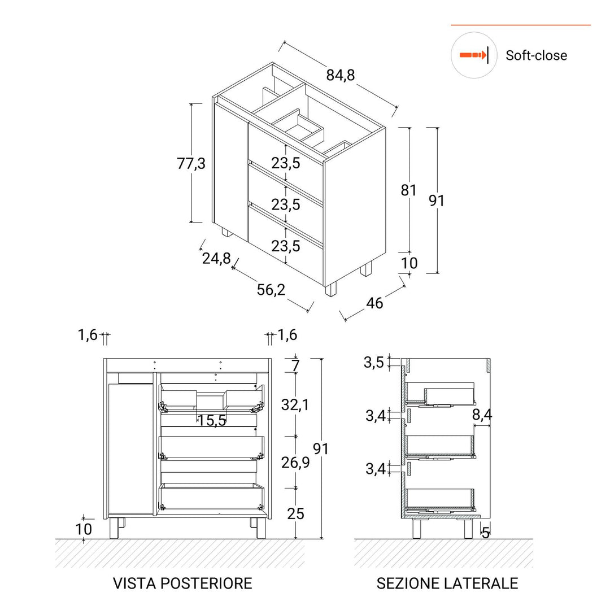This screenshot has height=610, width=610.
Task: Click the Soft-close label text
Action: pos(536,55)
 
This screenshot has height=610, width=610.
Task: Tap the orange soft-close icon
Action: pos(473,55)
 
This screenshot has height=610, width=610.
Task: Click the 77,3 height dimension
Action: pos(191,164)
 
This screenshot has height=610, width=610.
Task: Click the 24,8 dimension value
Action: pos(216,258)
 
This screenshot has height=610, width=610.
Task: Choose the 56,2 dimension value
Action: pos(271,290)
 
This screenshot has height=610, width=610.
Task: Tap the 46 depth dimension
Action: pos(374,303)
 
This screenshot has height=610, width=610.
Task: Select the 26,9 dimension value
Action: pos(295,463)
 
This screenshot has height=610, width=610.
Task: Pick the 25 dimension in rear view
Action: pos(295,513)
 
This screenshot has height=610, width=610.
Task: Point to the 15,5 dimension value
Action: pos(212,420)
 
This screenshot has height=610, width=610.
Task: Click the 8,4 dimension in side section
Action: pos(482,415)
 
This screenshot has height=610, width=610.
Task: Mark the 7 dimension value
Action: pos(295,365)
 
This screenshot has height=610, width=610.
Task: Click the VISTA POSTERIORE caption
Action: pos(182,583)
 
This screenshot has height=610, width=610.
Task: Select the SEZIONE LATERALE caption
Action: pos(447,583)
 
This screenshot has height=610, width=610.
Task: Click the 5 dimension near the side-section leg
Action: pos(485,532)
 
